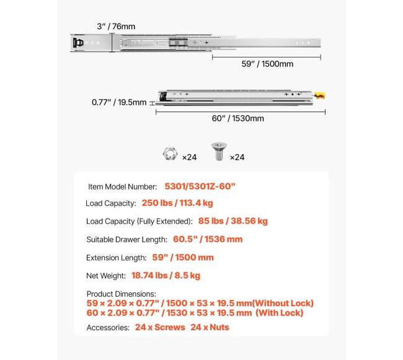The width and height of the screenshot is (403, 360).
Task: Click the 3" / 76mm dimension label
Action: point(116,27)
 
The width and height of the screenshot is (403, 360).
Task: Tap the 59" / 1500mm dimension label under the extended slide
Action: point(267,63)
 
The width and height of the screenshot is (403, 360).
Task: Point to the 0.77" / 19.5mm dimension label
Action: point(119,102)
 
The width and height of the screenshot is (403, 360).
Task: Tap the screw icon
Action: point(218,152)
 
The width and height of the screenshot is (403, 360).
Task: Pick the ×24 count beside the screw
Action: point(237,157)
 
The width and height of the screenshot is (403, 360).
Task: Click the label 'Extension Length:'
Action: point(117,258)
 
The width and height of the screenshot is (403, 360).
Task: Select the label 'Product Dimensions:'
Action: point(122,294)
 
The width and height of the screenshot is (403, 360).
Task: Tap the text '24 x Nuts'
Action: point(210,327)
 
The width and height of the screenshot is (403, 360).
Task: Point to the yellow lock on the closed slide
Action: point(319,96)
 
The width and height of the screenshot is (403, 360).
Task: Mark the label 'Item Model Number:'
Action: point(123,187)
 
